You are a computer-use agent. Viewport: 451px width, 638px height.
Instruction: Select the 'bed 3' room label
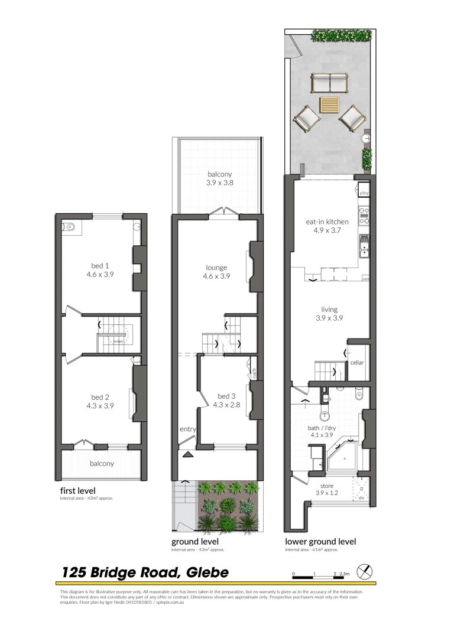tap(226, 396)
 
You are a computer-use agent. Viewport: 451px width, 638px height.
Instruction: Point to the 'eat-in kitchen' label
tap(327, 222)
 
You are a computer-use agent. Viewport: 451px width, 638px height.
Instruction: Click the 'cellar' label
tap(357, 363)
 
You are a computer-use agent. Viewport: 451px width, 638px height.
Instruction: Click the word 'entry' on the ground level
tap(188, 429)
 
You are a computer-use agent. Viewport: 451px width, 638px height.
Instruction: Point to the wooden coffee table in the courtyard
tap(330, 105)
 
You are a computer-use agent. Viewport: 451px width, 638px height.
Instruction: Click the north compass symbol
tap(367, 572)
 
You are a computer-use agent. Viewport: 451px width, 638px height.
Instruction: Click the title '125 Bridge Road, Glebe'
tap(145, 572)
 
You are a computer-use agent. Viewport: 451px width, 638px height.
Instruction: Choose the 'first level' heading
tap(77, 490)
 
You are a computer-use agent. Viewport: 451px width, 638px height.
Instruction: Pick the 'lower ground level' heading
tap(320, 541)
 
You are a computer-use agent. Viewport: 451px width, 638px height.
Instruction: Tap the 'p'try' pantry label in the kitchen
tap(364, 193)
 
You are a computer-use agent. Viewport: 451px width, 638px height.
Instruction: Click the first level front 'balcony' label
tap(102, 464)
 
